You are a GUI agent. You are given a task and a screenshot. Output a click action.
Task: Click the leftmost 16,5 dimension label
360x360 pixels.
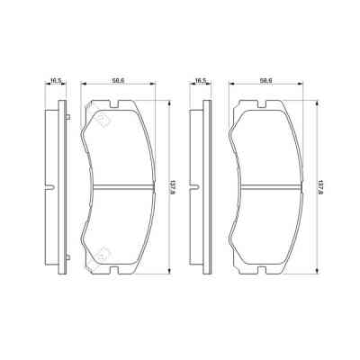(x=55, y=82)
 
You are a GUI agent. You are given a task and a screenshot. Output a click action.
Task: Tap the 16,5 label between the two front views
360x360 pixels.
(x=201, y=82)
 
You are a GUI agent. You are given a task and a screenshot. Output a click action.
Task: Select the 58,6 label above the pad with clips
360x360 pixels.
(x=118, y=82)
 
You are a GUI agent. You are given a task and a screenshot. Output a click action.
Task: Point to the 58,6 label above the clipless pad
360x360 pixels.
(x=265, y=82)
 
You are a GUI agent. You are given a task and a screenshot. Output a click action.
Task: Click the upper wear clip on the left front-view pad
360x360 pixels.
(x=103, y=117)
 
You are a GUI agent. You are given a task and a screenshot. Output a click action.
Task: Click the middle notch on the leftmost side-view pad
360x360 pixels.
(x=50, y=187)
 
